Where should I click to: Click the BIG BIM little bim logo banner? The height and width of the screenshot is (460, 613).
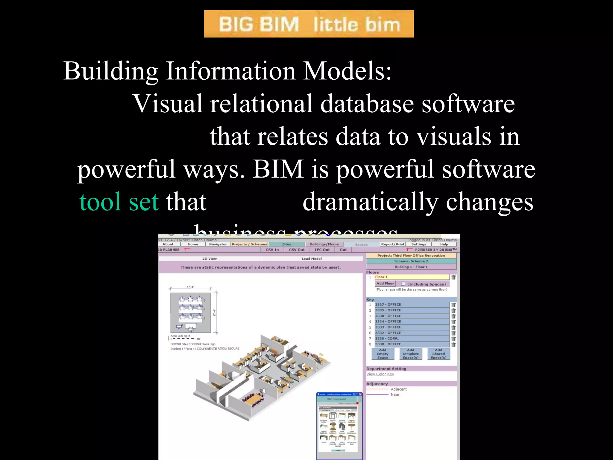pos(309,24)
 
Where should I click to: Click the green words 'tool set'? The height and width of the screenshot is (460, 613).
pos(119,202)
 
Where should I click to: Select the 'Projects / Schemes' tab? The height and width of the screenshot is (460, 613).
pos(249,244)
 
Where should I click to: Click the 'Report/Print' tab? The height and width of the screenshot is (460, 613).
pos(392,244)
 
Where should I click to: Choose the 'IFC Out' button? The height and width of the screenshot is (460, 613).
pos(322,250)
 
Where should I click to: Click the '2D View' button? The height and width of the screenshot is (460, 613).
pos(210,259)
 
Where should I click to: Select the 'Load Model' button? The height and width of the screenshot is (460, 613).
pos(312,259)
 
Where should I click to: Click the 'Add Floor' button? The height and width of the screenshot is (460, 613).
pos(385,284)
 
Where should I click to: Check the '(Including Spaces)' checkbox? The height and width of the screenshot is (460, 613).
pos(403,284)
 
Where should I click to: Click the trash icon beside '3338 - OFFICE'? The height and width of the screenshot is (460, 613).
pos(453,344)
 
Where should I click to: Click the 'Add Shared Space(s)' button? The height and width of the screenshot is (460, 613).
pos(438,354)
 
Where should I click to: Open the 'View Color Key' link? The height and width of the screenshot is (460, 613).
pos(380,374)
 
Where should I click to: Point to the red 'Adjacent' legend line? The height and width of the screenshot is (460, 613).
pos(377,389)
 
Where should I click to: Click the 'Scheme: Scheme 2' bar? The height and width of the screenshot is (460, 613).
pos(411,261)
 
